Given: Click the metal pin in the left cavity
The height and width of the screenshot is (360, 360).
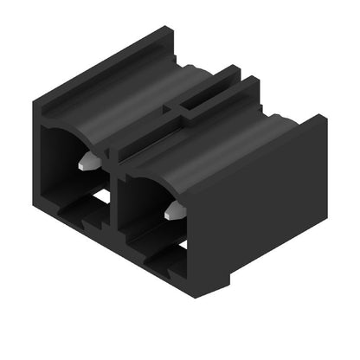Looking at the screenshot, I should pos(87,162).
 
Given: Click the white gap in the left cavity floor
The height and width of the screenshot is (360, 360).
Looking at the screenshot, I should pos(101,197).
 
